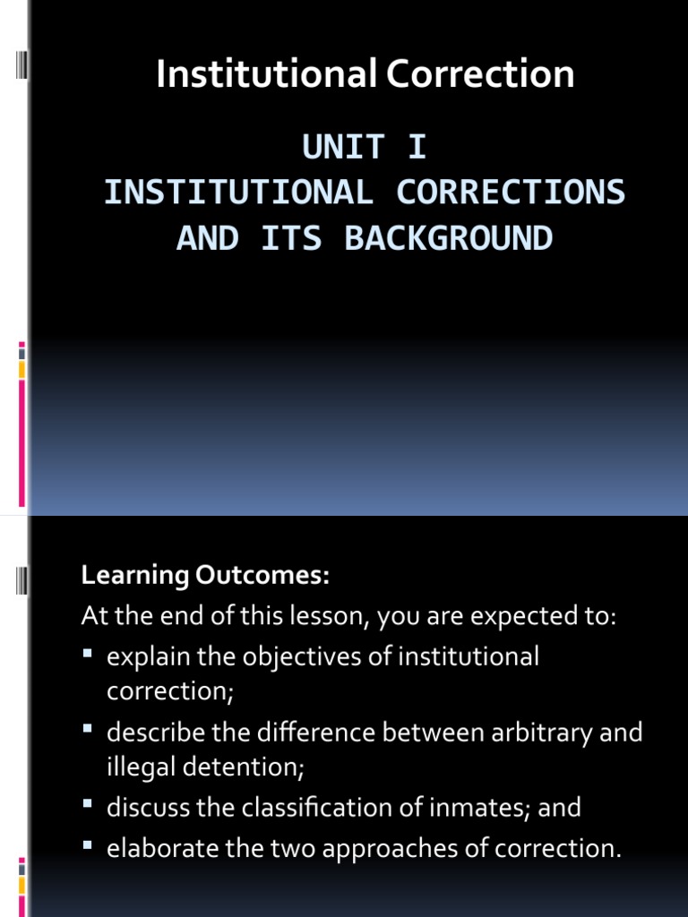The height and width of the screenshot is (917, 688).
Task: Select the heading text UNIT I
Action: [x=365, y=147]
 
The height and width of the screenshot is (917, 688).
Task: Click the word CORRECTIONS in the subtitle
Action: [x=511, y=193]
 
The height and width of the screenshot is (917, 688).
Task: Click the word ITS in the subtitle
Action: [x=291, y=238]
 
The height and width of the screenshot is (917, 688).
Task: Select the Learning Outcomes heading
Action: [x=206, y=576]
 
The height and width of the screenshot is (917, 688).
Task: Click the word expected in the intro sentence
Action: [x=505, y=616]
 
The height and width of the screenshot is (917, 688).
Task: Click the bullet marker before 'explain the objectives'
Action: [x=88, y=656]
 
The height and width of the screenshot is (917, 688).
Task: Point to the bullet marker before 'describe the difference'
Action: [x=88, y=732]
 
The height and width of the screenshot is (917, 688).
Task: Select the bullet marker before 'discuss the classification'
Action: [x=88, y=807]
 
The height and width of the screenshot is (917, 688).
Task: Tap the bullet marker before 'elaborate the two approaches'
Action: [x=88, y=845]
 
